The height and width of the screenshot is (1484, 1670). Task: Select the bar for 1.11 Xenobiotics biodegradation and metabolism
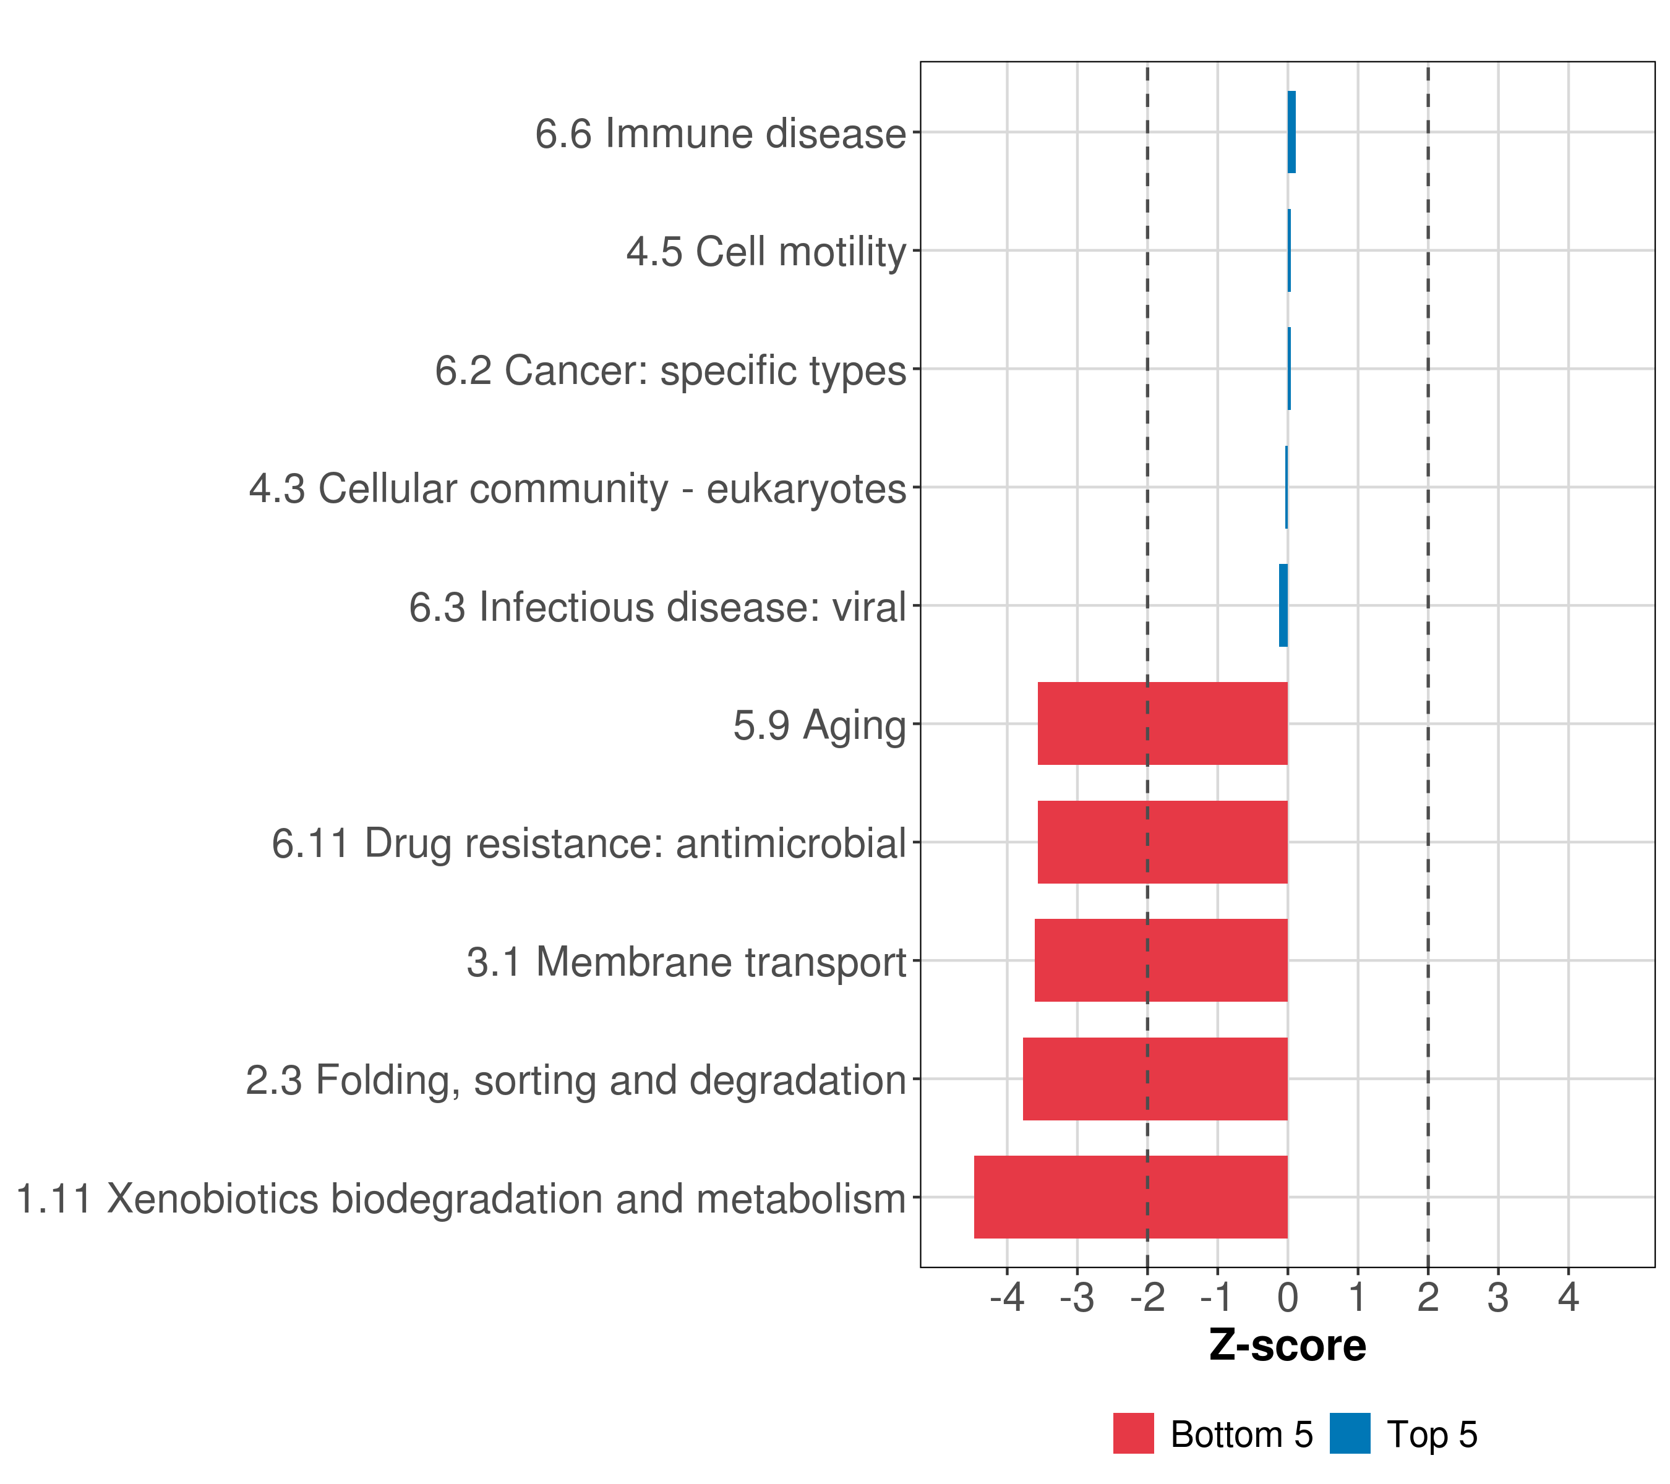pos(1130,1196)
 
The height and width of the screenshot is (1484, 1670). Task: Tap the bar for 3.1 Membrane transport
pos(1160,960)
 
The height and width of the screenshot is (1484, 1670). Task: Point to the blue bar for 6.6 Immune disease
pos(1291,132)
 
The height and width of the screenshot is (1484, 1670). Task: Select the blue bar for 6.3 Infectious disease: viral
pos(1283,605)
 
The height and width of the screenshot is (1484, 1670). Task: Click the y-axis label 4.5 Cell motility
pos(766,252)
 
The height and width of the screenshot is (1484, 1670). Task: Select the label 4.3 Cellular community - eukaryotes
pos(578,489)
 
